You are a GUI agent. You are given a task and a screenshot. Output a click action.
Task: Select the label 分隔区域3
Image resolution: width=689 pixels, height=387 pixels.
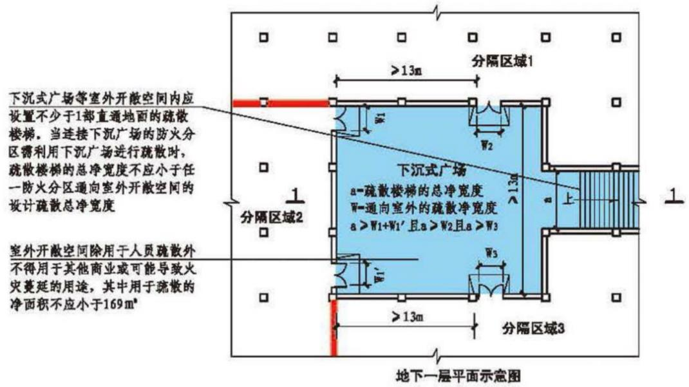coord(533,329)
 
